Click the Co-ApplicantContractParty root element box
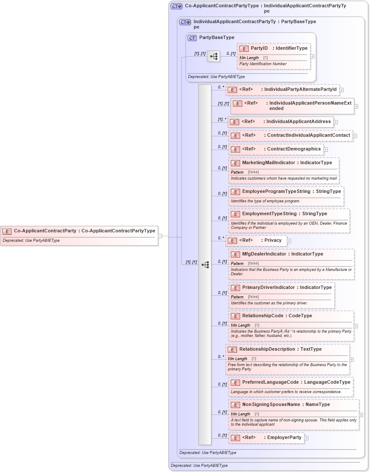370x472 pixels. click(x=79, y=235)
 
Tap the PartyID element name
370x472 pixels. click(x=259, y=48)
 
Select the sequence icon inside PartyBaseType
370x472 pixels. click(x=214, y=56)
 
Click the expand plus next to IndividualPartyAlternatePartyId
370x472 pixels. click(x=341, y=90)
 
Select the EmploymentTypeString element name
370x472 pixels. click(x=269, y=213)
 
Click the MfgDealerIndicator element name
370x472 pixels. click(x=264, y=254)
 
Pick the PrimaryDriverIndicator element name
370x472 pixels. click(x=268, y=287)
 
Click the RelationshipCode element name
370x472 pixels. click(x=262, y=316)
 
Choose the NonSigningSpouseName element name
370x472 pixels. click(x=271, y=404)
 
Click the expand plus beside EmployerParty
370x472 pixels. click(x=306, y=438)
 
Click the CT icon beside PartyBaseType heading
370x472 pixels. click(x=192, y=38)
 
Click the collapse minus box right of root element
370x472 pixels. click(x=160, y=235)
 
